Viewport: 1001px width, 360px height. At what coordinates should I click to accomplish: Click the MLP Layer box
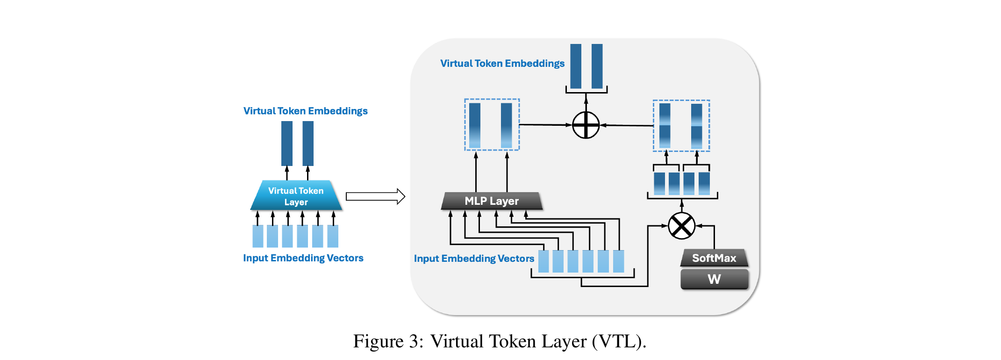click(492, 201)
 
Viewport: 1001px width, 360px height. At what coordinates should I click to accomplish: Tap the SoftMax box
click(714, 258)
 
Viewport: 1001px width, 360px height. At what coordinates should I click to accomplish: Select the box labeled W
click(714, 279)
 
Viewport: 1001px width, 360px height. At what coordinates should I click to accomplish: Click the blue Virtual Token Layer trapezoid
click(296, 196)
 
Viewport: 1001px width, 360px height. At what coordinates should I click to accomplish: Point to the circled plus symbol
click(586, 125)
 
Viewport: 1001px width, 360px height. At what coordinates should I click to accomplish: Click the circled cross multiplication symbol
click(681, 226)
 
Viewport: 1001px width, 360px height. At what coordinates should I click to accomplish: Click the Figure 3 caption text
click(500, 341)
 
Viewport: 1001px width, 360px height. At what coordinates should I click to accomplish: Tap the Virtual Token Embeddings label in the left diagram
click(305, 111)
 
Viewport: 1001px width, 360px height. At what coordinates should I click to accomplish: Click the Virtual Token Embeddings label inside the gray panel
click(502, 64)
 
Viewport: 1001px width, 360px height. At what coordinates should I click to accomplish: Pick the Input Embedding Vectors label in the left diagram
click(303, 258)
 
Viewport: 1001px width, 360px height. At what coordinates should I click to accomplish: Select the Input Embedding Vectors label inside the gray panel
click(473, 259)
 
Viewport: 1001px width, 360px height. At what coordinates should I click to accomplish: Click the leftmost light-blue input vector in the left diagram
click(258, 236)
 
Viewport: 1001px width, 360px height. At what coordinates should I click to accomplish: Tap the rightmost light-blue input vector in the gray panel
click(618, 261)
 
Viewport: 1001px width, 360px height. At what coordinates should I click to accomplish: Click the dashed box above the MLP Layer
click(492, 124)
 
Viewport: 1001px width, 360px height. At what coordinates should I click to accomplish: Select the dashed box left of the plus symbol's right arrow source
click(681, 126)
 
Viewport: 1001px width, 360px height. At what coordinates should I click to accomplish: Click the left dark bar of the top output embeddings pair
click(576, 66)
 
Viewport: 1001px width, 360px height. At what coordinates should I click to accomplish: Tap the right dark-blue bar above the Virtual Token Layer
click(308, 143)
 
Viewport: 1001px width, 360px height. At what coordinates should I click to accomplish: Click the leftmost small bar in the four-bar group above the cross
click(659, 183)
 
